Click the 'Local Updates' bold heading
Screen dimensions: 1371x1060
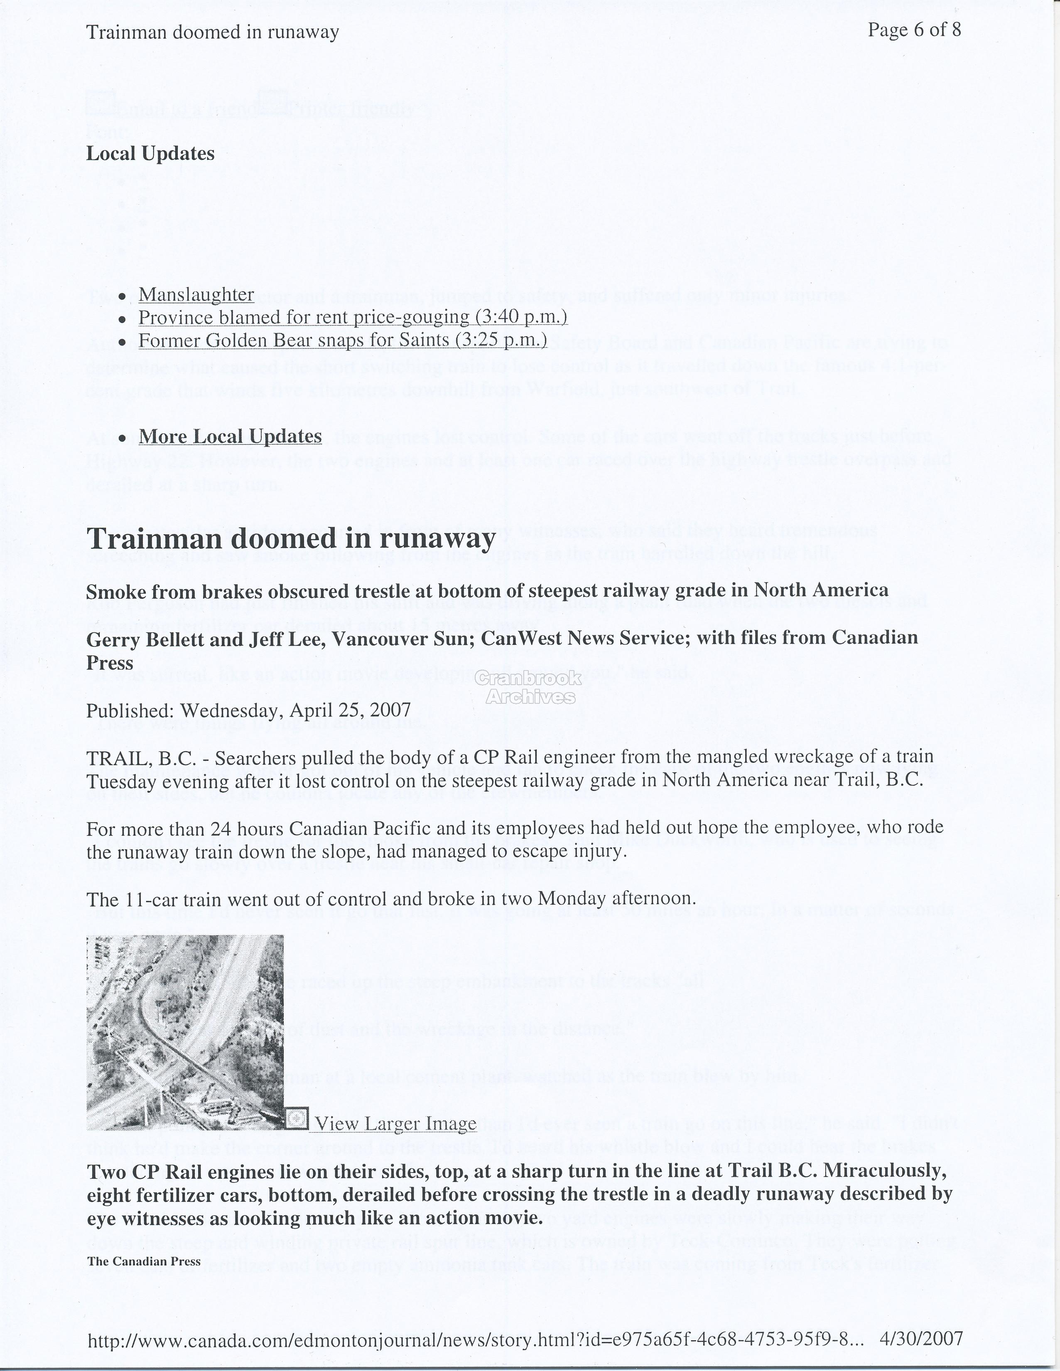point(150,154)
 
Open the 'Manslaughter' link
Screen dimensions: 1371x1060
point(196,294)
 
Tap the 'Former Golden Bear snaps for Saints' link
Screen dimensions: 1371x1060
point(342,340)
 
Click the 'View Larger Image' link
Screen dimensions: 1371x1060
point(395,1124)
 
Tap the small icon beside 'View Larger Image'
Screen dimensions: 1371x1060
point(297,1118)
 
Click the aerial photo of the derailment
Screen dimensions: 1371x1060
point(184,1032)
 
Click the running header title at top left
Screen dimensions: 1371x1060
point(212,32)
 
